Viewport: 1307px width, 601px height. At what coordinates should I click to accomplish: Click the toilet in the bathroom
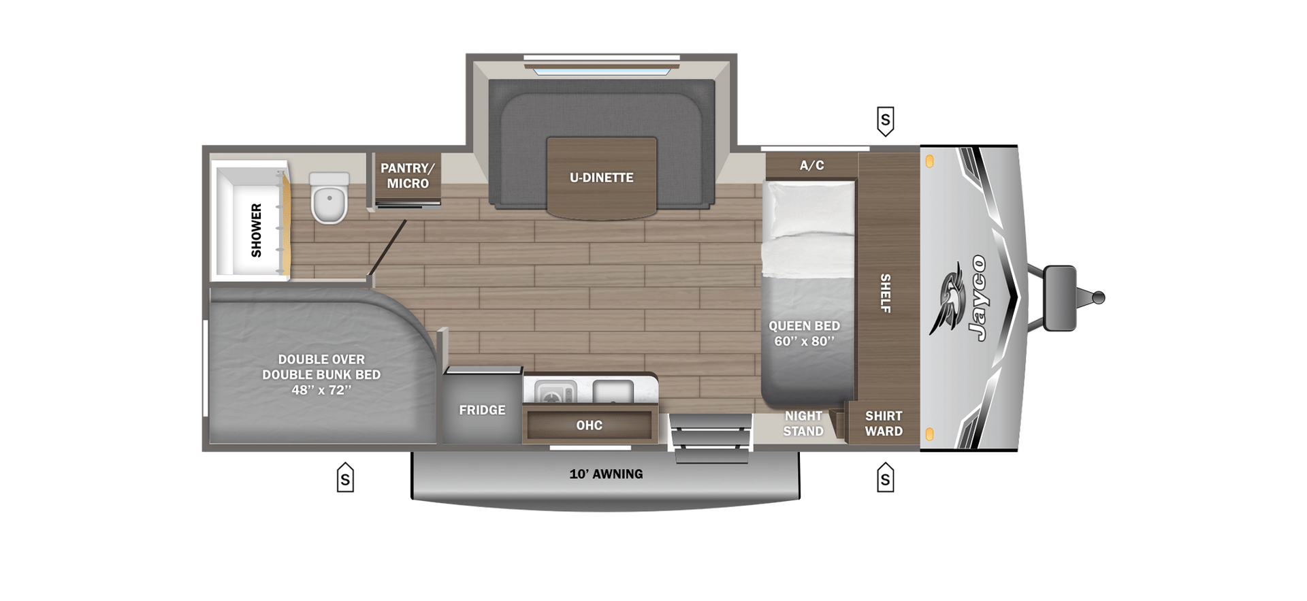point(329,199)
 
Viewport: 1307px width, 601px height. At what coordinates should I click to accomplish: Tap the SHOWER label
point(256,230)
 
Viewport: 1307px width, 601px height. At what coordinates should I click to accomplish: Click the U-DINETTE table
point(601,178)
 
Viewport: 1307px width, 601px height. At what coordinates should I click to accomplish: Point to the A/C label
point(811,165)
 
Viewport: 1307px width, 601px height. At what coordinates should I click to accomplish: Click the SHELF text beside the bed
point(886,293)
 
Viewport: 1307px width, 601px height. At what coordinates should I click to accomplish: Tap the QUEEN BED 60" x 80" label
point(804,334)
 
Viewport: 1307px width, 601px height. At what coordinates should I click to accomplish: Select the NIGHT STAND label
point(803,423)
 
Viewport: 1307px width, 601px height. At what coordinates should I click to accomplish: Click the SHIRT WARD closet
point(884,423)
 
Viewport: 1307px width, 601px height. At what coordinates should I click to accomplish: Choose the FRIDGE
point(482,410)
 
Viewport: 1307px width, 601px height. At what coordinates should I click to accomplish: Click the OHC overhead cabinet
point(589,425)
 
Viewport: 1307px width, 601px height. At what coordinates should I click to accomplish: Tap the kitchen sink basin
point(613,391)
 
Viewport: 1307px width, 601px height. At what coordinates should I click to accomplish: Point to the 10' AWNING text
point(606,474)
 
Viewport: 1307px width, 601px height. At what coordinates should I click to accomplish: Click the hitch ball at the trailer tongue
point(1098,298)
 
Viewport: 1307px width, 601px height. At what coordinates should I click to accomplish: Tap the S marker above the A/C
point(885,121)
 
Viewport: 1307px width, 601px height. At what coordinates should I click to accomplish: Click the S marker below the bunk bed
point(345,478)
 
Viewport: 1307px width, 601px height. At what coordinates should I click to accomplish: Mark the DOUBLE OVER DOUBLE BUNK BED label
point(321,374)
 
